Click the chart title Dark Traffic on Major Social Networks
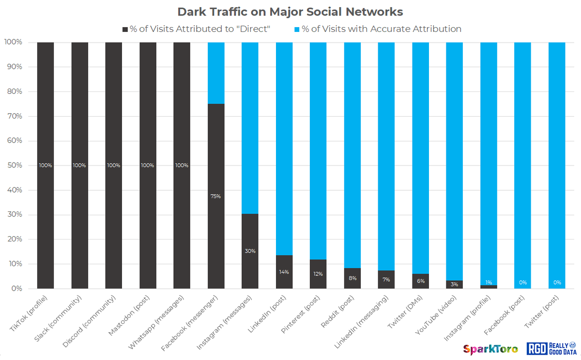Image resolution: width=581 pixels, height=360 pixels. click(290, 11)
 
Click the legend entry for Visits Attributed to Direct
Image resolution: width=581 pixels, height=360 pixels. click(196, 29)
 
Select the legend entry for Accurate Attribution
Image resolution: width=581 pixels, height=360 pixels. click(377, 29)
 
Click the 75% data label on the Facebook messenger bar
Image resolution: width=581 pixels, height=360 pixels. click(216, 196)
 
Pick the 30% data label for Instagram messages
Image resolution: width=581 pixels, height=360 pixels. click(250, 251)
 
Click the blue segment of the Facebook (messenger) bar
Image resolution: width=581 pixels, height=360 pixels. click(216, 73)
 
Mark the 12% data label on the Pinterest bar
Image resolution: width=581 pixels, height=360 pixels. click(318, 274)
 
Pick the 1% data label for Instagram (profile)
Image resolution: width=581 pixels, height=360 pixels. click(489, 283)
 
